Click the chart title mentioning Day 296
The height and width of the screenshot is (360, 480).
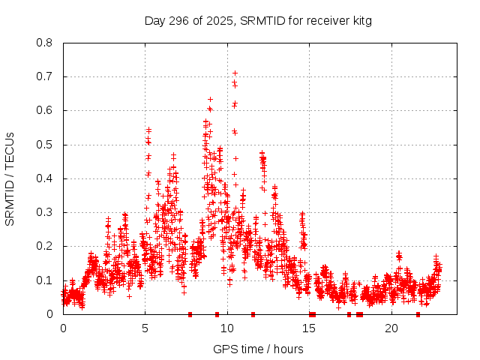tap(258, 21)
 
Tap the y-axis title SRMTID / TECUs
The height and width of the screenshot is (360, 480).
tap(10, 178)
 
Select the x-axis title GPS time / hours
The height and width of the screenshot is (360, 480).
tap(258, 349)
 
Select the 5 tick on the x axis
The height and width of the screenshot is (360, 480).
tap(145, 328)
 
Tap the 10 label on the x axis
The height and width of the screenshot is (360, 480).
tap(227, 328)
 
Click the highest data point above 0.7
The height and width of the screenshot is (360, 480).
tap(235, 73)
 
